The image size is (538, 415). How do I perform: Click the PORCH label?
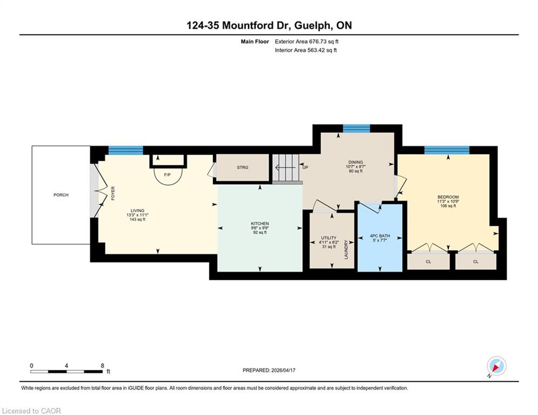tap(61, 195)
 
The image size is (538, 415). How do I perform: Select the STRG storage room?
tap(242, 168)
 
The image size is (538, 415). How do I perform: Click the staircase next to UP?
tap(286, 168)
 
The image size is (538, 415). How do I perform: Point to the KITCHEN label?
tap(260, 224)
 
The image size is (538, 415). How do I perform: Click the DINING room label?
tap(355, 162)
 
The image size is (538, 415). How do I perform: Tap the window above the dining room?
tap(356, 128)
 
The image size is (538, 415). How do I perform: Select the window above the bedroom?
tap(447, 150)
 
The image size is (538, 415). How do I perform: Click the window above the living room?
tap(125, 150)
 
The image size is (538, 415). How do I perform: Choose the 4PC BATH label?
tap(380, 236)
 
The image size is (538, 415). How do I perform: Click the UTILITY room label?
tap(329, 238)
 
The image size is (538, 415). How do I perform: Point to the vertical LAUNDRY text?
tap(346, 249)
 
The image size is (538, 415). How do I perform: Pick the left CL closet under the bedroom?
tap(428, 262)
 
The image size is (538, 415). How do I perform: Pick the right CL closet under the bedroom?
tap(476, 262)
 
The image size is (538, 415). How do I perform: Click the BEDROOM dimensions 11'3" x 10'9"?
tap(448, 202)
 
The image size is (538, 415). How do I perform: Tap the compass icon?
tap(496, 366)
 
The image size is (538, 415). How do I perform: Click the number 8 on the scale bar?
tap(102, 366)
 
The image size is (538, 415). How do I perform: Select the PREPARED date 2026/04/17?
tap(283, 370)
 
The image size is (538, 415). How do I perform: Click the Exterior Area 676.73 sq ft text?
tap(307, 42)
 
